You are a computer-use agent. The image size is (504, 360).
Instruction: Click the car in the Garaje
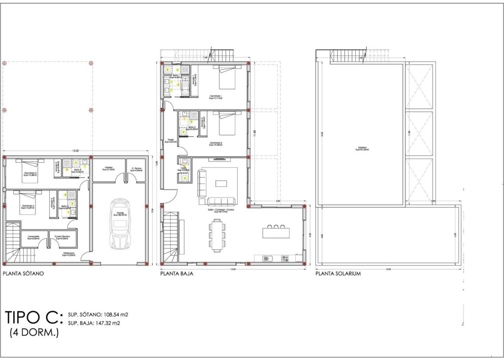pos(120,224)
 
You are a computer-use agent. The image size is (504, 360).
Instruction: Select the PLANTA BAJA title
pos(176,274)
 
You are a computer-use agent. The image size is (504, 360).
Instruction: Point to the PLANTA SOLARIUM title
pos(339,274)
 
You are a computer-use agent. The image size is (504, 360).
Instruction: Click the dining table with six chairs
pos(217,235)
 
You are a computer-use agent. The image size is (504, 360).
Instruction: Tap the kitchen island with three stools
pos(276,232)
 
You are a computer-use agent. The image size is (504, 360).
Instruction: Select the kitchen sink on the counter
pos(267,258)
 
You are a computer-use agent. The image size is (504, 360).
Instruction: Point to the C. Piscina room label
pos(136,169)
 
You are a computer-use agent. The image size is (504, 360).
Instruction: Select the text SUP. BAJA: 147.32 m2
pos(94,324)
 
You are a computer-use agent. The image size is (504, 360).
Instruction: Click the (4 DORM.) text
pos(34,333)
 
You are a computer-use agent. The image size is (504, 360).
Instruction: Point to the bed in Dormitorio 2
pos(226,125)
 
